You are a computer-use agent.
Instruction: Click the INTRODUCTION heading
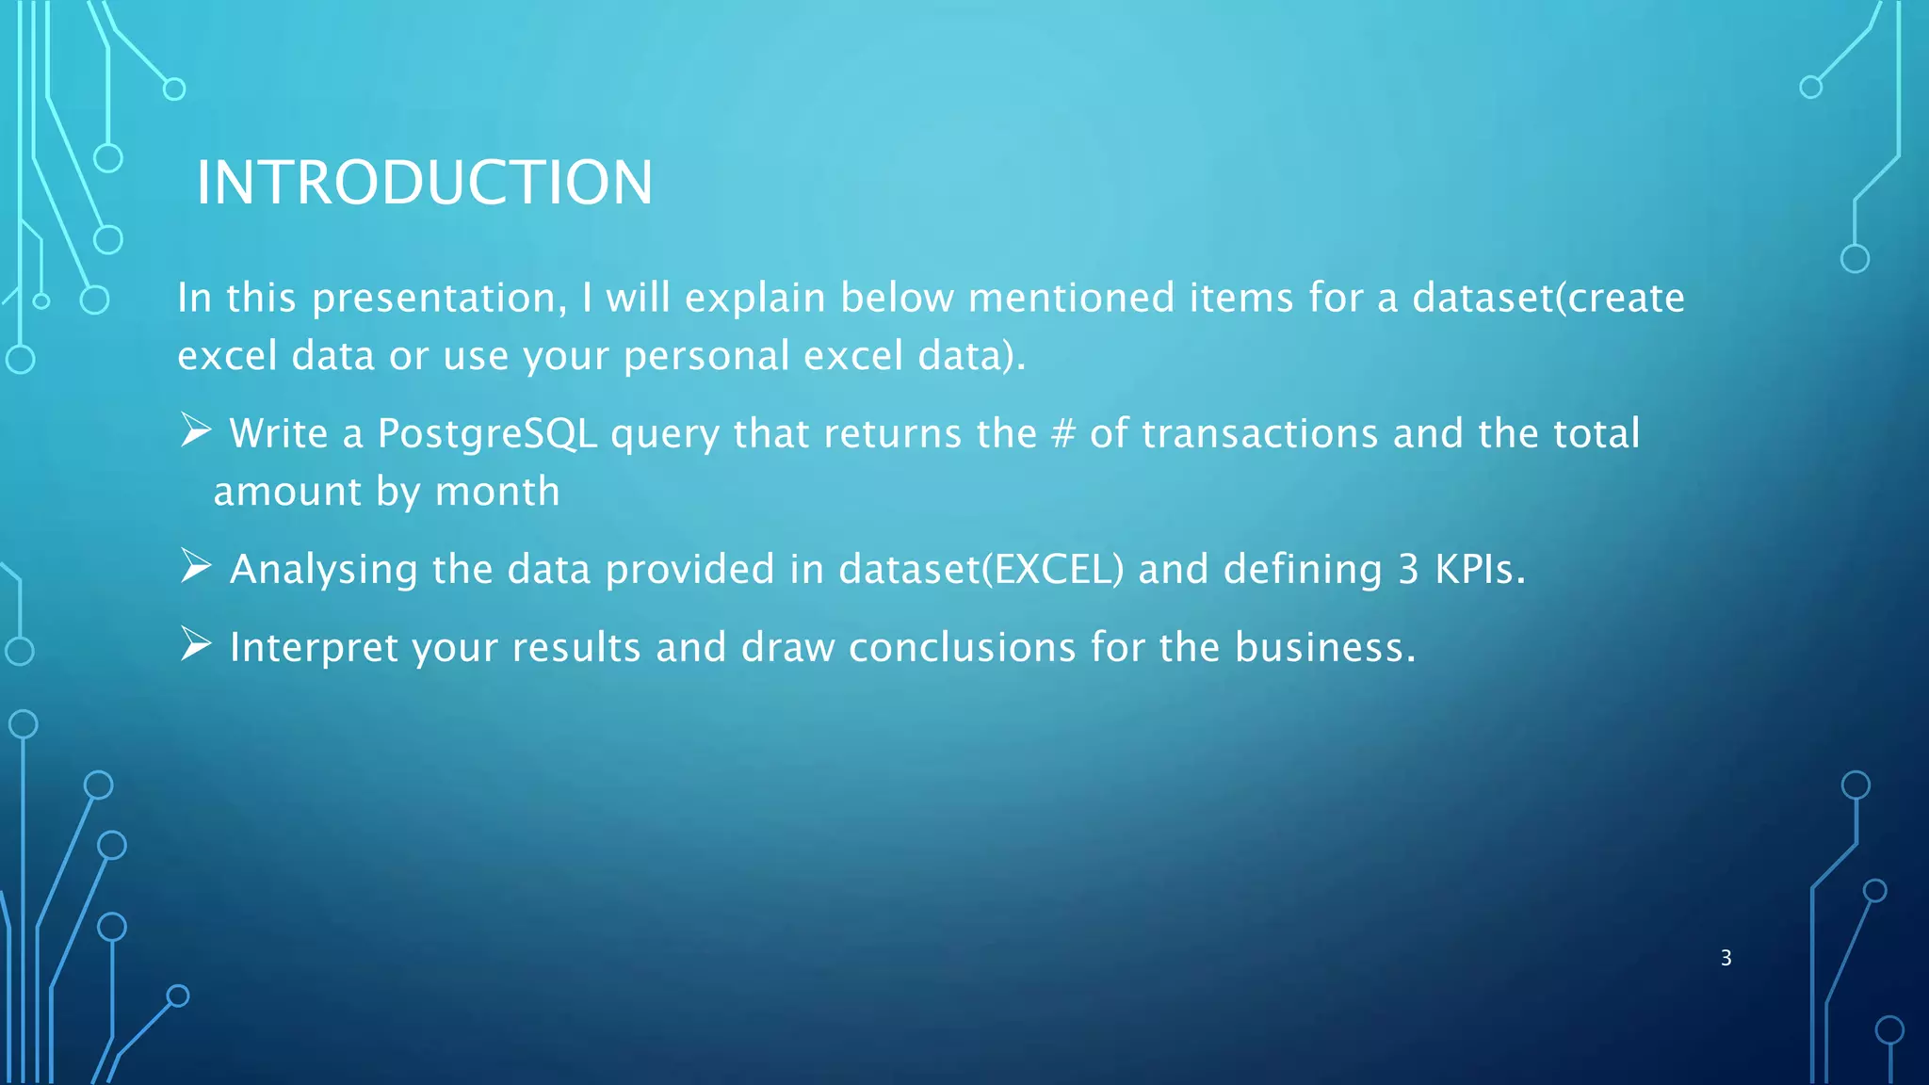[x=424, y=182]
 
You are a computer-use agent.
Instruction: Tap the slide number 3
[x=1726, y=958]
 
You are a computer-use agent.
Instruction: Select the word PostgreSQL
[x=487, y=434]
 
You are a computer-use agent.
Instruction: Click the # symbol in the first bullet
[x=1062, y=434]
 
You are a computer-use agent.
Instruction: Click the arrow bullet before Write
[x=196, y=431]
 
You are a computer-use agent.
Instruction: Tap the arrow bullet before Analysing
[x=196, y=566]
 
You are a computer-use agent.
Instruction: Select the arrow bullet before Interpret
[x=196, y=644]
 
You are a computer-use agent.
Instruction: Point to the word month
[x=497, y=492]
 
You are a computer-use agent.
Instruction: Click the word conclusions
[x=962, y=648]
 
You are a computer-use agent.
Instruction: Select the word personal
[x=706, y=357]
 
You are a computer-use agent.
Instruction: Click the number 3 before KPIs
[x=1408, y=569]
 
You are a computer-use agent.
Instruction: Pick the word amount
[x=287, y=492]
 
